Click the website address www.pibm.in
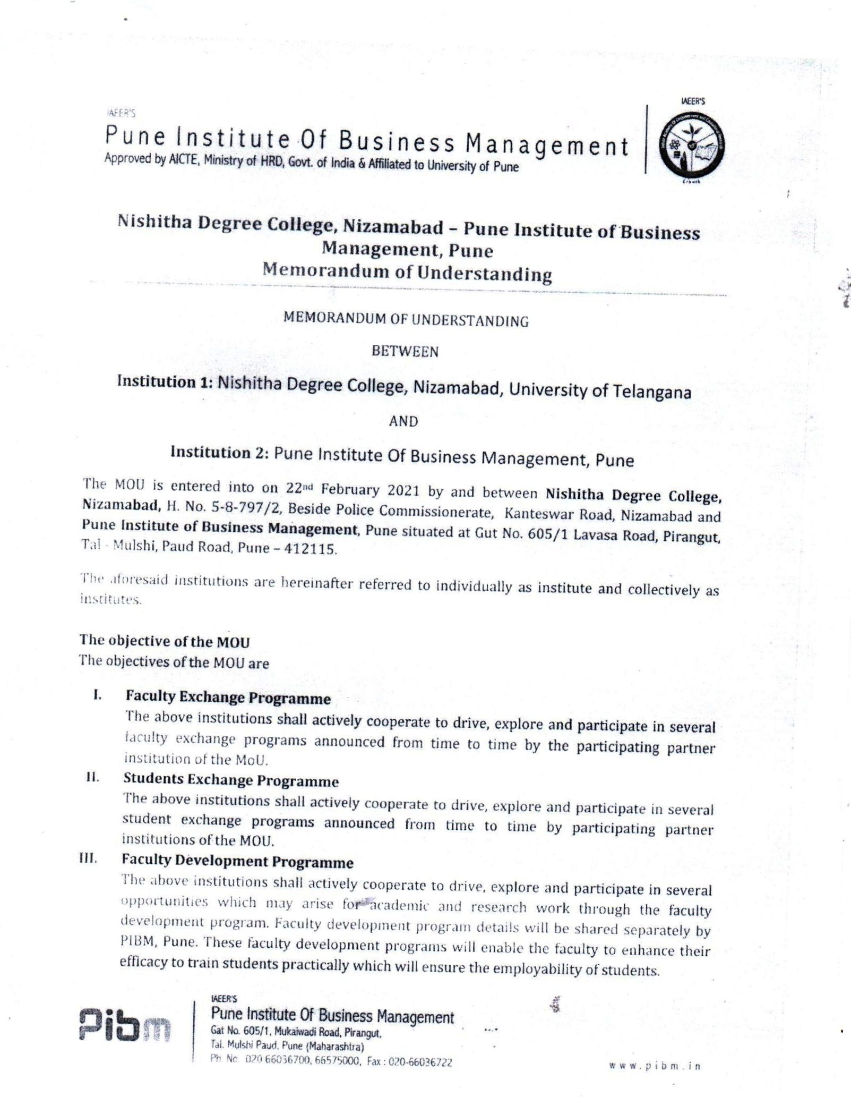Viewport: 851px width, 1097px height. click(655, 1066)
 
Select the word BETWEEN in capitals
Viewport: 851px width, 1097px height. click(405, 352)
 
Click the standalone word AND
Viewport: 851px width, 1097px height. click(403, 421)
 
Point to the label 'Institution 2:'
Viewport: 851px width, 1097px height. click(219, 452)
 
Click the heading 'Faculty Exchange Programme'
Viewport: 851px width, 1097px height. click(228, 698)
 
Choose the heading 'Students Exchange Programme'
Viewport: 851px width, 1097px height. click(231, 780)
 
